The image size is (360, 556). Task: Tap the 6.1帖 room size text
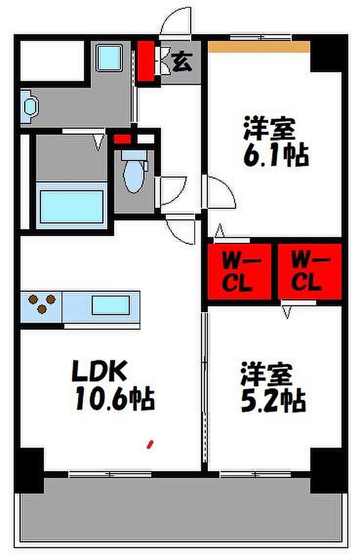point(276,154)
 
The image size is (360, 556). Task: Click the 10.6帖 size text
point(115,399)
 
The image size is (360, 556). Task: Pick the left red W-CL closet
point(239,271)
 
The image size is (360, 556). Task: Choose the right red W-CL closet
point(310,271)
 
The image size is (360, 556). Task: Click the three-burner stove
point(42,303)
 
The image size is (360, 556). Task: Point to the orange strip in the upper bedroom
point(259,47)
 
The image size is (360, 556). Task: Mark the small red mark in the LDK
point(150,444)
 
